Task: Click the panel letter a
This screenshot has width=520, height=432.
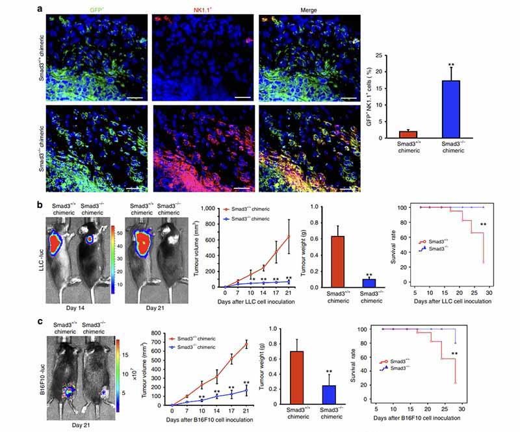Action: coord(40,8)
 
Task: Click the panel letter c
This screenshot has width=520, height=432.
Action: coord(40,320)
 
